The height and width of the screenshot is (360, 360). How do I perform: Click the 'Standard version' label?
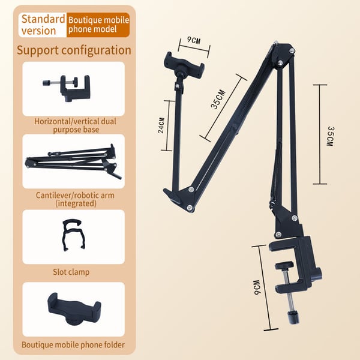click(43, 25)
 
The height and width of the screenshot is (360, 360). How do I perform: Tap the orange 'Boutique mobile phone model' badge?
click(98, 25)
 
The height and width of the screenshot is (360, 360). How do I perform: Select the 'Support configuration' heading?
click(74, 50)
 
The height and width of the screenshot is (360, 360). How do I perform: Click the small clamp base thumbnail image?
click(67, 88)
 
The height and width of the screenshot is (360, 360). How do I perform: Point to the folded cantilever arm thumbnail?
click(73, 161)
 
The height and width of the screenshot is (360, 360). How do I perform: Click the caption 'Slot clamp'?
click(71, 272)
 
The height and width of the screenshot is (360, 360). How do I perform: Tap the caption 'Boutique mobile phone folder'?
click(73, 345)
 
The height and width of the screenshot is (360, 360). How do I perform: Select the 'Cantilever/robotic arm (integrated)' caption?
click(75, 199)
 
